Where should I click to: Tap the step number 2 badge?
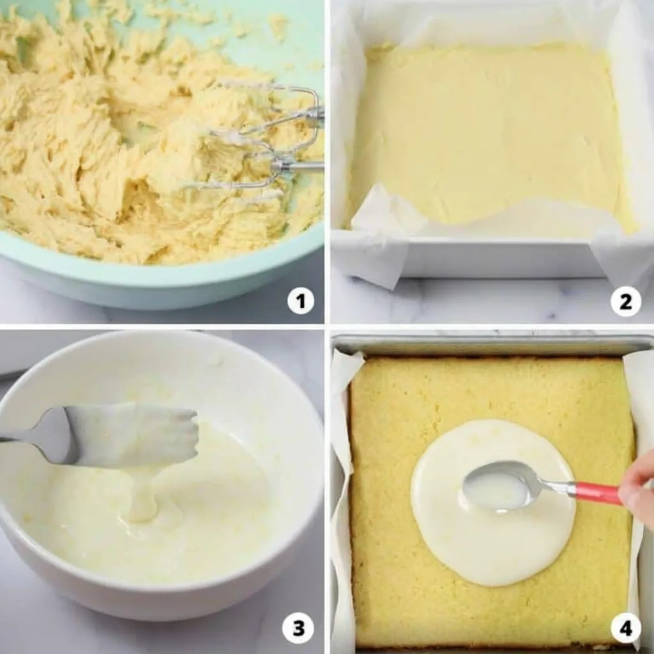pos(626,301)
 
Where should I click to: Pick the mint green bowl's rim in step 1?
pos(167,267)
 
